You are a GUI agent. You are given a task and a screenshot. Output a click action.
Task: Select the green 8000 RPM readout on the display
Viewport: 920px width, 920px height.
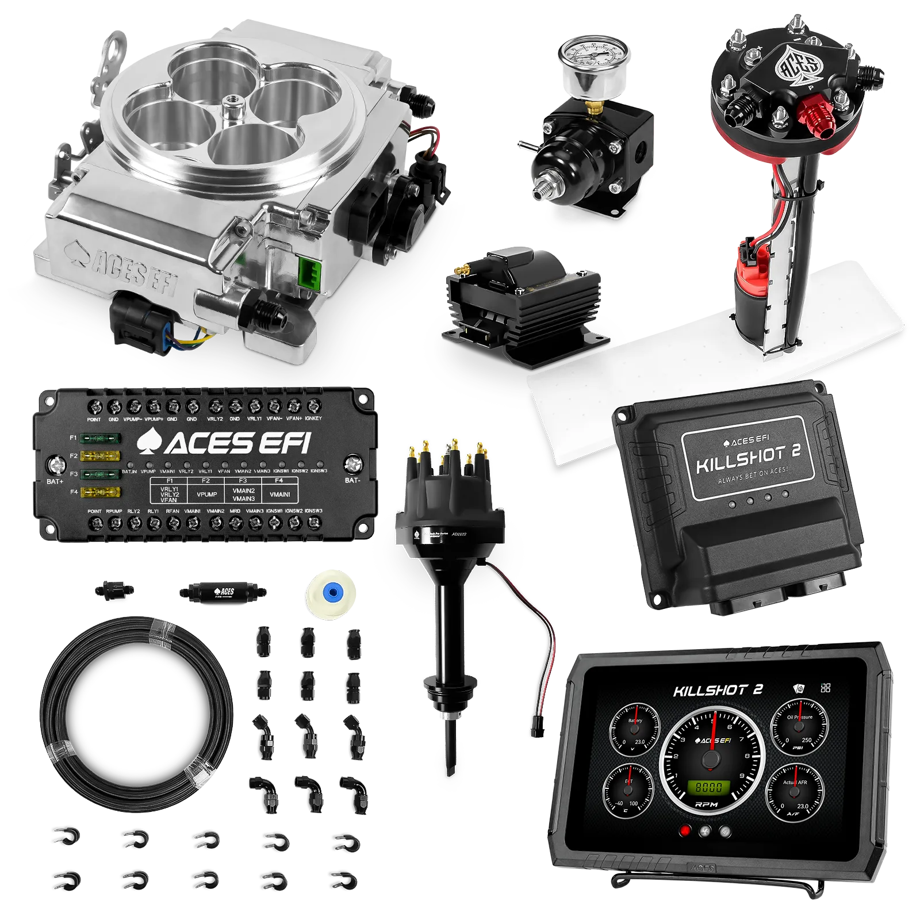pos(709,787)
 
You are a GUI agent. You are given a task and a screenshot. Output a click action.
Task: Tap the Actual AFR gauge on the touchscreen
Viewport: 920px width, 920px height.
pos(795,792)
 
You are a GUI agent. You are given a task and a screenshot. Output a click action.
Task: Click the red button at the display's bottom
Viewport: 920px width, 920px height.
pos(685,831)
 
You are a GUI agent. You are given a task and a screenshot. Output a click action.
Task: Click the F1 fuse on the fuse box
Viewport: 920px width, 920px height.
pos(101,439)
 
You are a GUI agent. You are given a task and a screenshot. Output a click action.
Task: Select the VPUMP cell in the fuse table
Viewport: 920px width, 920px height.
pos(206,494)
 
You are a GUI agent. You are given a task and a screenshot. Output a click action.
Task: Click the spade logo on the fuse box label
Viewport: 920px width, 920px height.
pos(149,442)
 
